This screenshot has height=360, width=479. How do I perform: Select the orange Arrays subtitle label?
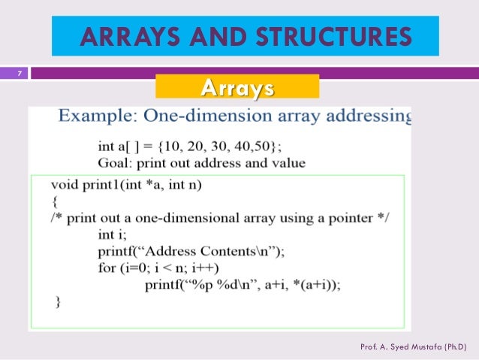pos(237,89)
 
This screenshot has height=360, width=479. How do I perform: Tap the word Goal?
pos(113,162)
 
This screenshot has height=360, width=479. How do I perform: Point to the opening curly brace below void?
pos(54,201)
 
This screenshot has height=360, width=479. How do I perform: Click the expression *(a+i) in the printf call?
pos(313,285)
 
